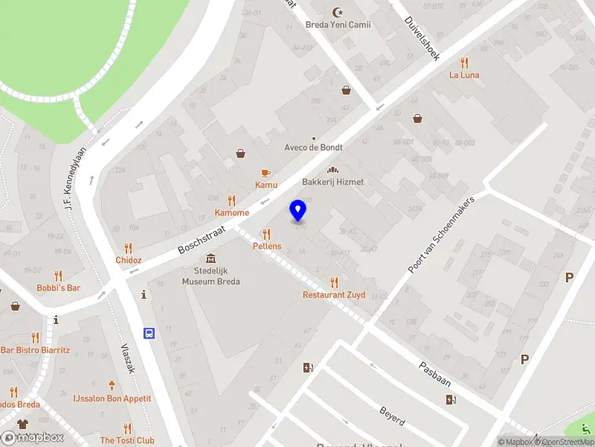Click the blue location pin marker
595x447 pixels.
coord(298,211)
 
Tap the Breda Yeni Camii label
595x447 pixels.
coord(338,25)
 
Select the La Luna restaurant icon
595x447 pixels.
coord(465,63)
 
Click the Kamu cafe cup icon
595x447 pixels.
coord(266,172)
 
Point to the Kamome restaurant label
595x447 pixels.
coord(232,213)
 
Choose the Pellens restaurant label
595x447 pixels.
coord(267,247)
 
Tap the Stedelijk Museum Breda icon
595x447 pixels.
coord(211,259)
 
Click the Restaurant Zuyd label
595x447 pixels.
coord(334,295)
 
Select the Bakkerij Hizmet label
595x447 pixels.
coord(333,183)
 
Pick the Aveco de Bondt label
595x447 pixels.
coord(313,148)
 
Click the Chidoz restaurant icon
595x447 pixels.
coord(129,248)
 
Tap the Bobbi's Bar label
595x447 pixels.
coord(59,288)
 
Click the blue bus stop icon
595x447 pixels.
coord(149,333)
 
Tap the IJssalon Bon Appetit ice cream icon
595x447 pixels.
coord(112,386)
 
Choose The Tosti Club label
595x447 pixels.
coord(127,440)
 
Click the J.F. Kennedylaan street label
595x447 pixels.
coord(76,177)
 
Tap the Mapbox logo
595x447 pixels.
coord(33,437)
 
